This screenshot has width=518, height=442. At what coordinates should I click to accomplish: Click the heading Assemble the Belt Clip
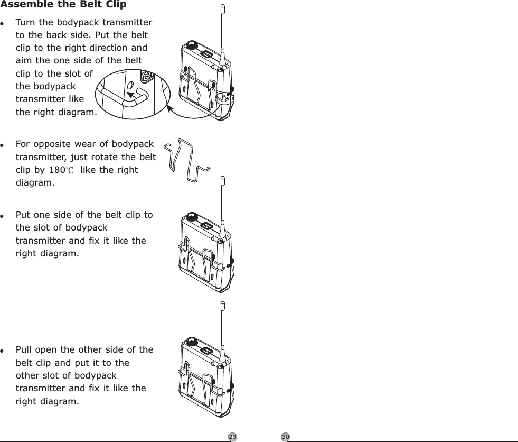pos(63,5)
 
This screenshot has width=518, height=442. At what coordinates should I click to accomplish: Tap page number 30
pos(286,437)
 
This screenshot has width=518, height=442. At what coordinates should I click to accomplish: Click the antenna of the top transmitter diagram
pos(222,32)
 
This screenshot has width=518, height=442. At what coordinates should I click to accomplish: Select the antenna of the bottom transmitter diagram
pos(222,328)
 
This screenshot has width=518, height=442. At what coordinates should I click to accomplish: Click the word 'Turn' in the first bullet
pos(25,23)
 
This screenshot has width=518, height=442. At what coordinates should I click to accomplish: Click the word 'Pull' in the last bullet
pos(24,350)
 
